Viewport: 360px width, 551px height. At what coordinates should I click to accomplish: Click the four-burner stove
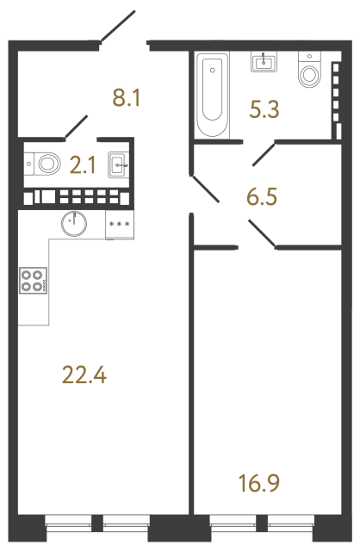click(33, 282)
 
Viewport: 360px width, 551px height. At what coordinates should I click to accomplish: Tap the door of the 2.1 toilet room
click(78, 126)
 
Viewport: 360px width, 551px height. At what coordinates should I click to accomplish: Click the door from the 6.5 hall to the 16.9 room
click(262, 234)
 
